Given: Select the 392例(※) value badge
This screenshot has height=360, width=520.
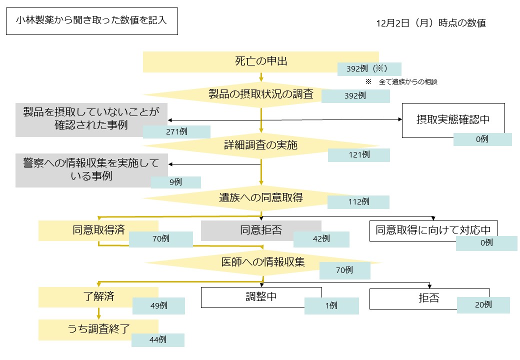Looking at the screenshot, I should (x=369, y=69).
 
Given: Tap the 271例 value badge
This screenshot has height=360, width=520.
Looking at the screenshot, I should (x=176, y=132).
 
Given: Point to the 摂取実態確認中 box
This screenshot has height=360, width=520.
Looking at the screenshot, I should (x=453, y=120).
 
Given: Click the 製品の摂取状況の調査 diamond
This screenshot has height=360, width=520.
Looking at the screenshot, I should (x=260, y=93).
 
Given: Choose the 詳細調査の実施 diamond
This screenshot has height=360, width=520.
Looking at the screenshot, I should (x=260, y=145).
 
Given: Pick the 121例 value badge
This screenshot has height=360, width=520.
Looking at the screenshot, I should (x=358, y=155).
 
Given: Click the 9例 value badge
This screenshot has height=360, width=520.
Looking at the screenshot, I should (x=175, y=182).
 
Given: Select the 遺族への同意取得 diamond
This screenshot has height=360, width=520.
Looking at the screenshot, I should (x=260, y=197).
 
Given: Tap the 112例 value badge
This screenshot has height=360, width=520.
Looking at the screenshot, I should (x=358, y=202).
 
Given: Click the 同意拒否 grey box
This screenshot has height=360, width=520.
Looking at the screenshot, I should (x=260, y=230).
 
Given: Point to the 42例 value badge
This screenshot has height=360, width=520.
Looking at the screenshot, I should (x=321, y=239).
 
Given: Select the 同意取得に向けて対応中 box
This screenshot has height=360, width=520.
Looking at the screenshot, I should (x=433, y=230).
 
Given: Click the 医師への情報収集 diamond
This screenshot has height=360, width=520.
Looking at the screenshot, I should (x=263, y=262).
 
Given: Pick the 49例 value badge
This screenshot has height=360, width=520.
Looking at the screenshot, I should (x=158, y=306).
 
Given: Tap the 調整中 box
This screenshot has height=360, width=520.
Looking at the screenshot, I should (x=261, y=297).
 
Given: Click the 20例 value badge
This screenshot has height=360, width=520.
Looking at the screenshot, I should (x=483, y=305).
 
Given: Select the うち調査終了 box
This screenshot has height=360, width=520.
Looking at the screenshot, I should (x=98, y=329).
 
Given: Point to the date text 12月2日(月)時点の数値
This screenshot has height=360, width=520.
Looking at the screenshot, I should (x=431, y=23).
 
